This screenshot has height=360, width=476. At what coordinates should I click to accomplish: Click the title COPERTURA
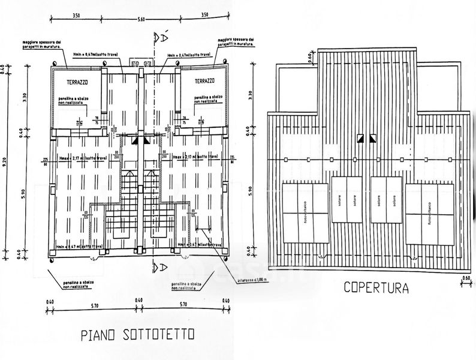tap(376, 288)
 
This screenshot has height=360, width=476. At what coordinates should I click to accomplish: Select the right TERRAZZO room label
tap(205, 80)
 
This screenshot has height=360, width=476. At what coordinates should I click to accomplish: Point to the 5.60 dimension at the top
tap(141, 20)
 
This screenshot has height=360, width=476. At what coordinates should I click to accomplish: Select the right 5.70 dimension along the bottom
tap(183, 304)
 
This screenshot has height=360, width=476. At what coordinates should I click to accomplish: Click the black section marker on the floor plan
tap(135, 139)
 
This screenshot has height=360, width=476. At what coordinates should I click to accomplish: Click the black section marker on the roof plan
tap(360, 139)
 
